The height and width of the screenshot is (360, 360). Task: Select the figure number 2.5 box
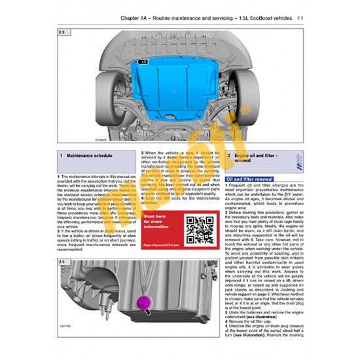tap(62, 244)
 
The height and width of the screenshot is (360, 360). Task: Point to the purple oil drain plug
tap(140, 304)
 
